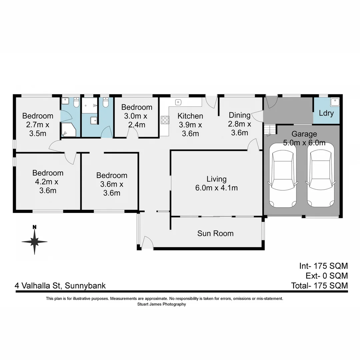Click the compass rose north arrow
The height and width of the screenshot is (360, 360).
34,241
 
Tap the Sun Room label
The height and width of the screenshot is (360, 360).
215,233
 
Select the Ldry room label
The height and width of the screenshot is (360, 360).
326,113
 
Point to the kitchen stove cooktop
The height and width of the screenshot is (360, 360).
165,120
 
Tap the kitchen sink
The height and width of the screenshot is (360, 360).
178,102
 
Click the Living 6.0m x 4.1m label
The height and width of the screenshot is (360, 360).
216,183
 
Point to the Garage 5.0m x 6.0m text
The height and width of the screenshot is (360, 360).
304,138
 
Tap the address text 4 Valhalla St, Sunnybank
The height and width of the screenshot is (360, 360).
60,286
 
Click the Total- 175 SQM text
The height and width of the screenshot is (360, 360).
319,286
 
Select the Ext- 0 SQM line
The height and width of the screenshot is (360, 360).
327,276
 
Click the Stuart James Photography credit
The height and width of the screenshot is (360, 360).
161,304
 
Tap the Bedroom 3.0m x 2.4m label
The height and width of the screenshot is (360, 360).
137,116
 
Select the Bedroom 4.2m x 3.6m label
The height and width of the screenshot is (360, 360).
48,182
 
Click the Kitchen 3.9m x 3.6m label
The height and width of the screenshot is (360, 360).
190,125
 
